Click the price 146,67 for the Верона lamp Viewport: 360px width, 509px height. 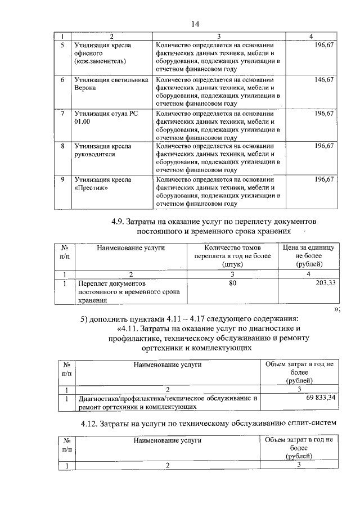[324, 80]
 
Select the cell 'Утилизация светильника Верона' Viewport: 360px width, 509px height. [106, 84]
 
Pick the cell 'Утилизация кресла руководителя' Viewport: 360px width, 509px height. [106, 150]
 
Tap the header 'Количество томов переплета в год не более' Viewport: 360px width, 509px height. [232, 256]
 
